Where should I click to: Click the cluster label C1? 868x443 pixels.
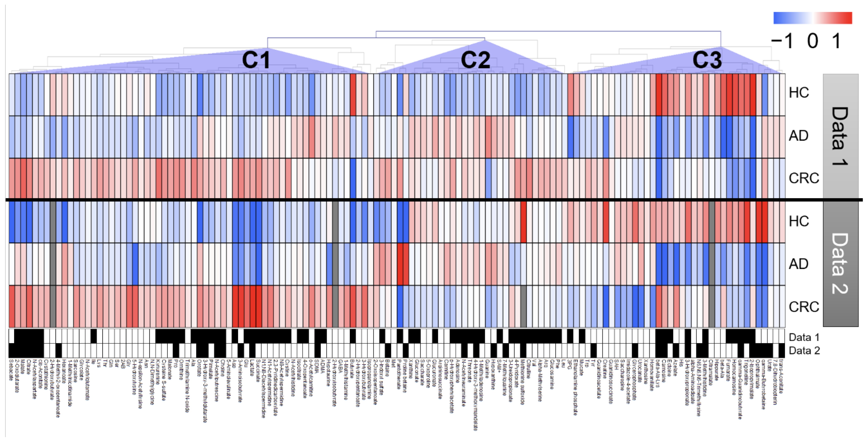256,60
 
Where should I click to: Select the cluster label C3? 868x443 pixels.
707,60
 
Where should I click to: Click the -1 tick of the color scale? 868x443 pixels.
782,41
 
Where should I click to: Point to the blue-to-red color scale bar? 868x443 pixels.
812,18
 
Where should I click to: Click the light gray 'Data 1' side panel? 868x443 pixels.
840,136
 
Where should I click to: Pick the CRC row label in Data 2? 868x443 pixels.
804,307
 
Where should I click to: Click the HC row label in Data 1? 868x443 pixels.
799,92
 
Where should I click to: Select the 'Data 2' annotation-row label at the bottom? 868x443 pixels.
804,351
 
